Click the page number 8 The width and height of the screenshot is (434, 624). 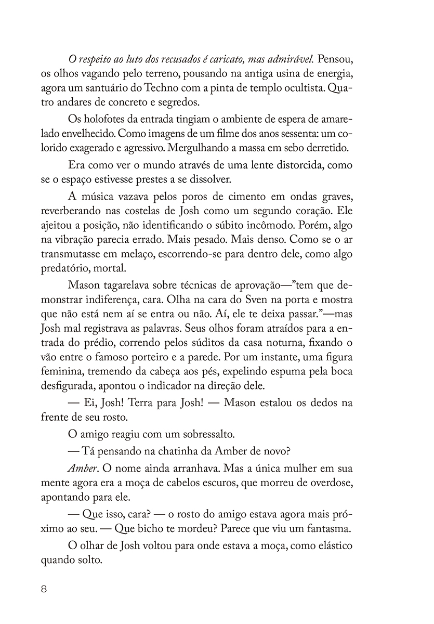tap(44, 590)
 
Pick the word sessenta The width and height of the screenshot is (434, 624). tap(294, 134)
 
